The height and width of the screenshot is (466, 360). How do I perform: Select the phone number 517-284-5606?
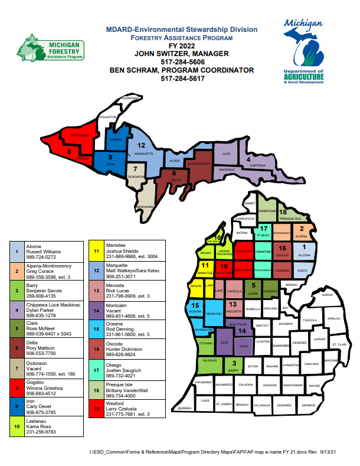[x=182, y=61]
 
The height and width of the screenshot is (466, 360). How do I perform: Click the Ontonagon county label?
[x=79, y=135]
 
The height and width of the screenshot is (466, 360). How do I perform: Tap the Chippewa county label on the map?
[x=257, y=166]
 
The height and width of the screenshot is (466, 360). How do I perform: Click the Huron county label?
[x=327, y=294]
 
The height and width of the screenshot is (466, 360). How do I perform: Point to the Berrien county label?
[x=185, y=408]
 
